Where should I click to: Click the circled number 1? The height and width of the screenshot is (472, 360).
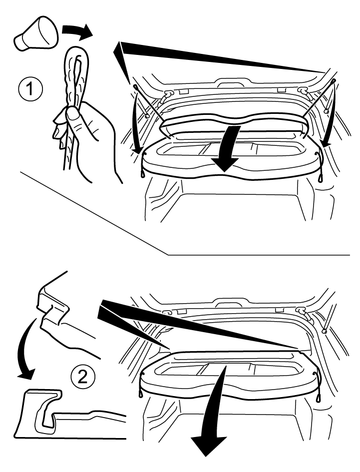tap(31, 90)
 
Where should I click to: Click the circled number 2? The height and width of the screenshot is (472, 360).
tap(83, 378)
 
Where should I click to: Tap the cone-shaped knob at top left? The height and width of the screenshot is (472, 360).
tap(36, 33)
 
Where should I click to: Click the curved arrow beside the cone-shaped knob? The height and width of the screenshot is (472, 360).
tap(77, 31)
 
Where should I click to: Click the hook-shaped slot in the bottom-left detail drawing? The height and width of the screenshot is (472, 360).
tap(47, 413)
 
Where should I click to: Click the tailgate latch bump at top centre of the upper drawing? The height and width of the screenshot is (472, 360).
tap(232, 82)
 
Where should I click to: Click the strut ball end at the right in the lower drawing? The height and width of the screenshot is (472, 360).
tap(324, 331)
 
